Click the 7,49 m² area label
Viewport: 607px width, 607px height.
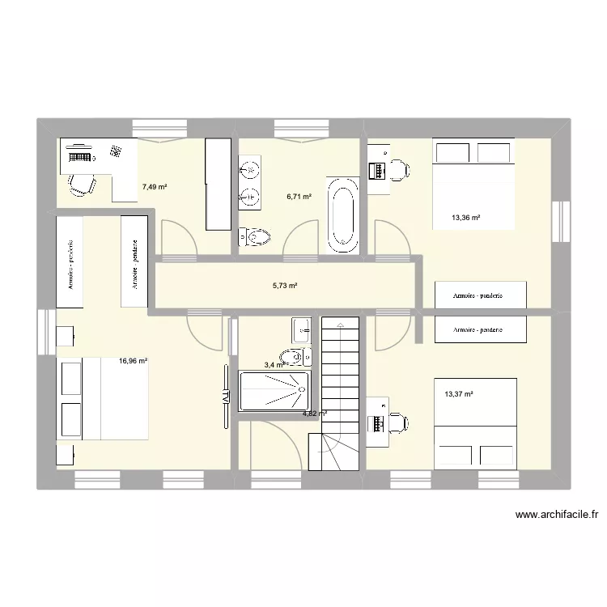pos(155,187)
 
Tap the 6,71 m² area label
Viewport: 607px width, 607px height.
pos(299,196)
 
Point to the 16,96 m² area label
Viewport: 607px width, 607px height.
pos(134,362)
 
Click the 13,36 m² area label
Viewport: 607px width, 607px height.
pos(466,217)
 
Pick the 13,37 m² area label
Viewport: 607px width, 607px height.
pos(459,394)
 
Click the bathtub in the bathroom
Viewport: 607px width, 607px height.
pos(343,212)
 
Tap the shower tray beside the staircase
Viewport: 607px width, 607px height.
pos(274,391)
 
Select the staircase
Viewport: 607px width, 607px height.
pos(340,388)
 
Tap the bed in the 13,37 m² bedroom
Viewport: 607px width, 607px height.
pos(475,422)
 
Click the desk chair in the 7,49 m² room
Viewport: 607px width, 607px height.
pos(79,184)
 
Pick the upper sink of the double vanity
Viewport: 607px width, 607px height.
pos(250,171)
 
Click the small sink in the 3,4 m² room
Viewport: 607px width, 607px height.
pos(301,328)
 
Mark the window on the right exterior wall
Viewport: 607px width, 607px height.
pos(558,223)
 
